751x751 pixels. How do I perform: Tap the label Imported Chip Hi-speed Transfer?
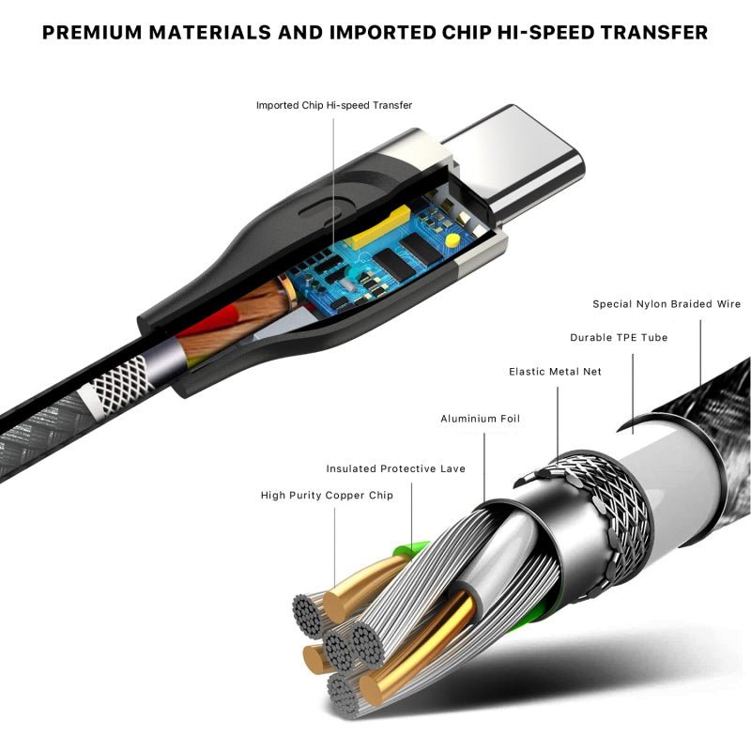[x=333, y=105]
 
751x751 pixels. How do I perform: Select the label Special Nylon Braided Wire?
[x=667, y=304]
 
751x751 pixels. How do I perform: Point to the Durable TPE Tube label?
[x=619, y=338]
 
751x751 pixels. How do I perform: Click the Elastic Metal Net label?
[x=555, y=372]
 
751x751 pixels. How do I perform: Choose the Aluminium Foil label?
[x=480, y=419]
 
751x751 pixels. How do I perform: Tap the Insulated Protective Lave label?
[x=395, y=468]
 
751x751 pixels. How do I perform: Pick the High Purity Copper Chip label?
[x=327, y=495]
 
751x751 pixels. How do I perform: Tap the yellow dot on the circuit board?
[x=453, y=241]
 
